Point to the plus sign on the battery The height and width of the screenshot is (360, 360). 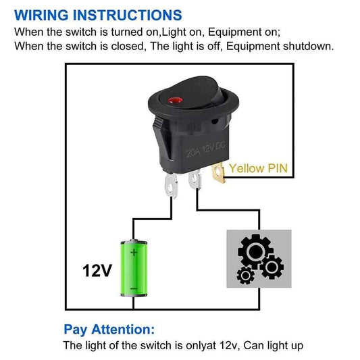coord(134,253)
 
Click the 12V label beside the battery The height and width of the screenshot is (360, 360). coord(97,271)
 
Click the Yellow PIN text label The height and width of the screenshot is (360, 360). coord(258,168)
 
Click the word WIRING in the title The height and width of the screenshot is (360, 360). coord(44,15)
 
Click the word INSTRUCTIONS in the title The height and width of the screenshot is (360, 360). coord(128,15)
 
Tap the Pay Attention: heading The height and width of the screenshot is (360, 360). coord(109,330)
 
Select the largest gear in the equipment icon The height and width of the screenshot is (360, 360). coord(253,253)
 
